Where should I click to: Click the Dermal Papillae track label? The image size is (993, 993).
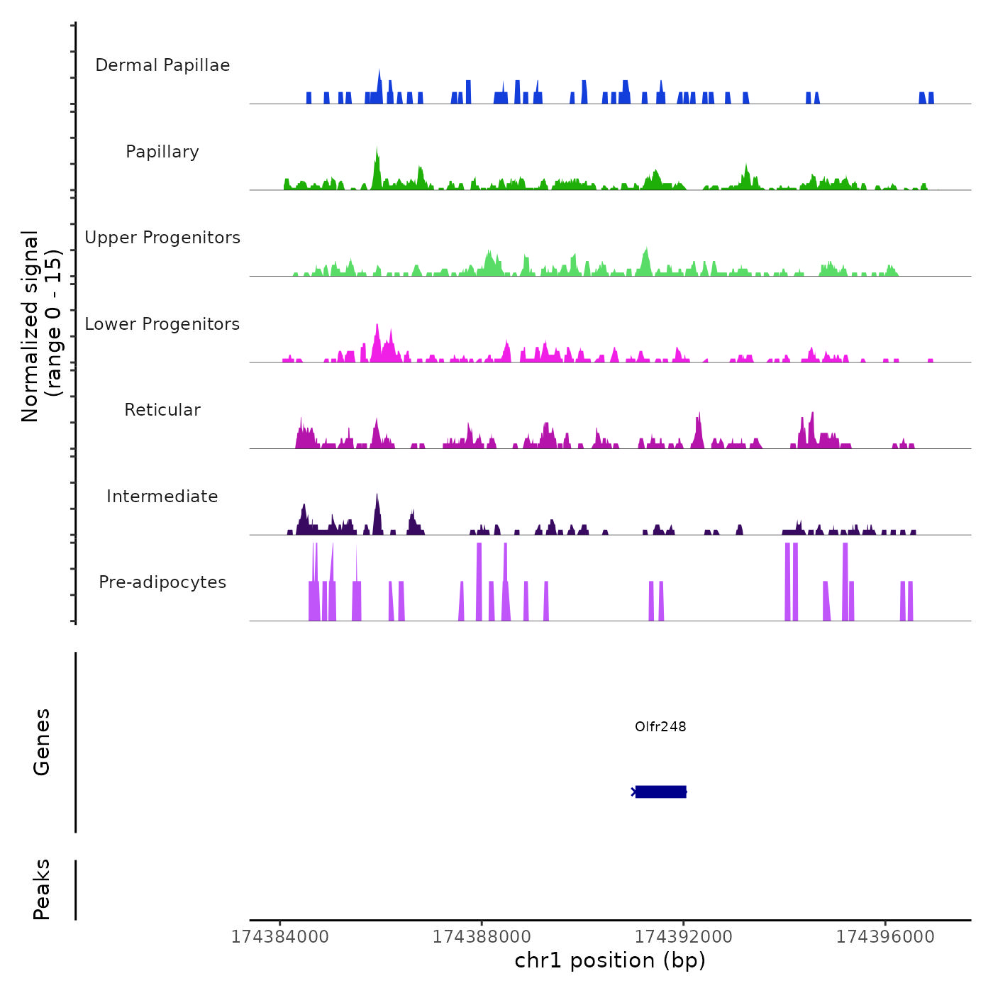point(162,65)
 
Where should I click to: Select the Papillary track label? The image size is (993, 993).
point(162,152)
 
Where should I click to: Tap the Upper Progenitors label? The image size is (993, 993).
point(162,238)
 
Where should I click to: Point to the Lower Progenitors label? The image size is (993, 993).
point(162,324)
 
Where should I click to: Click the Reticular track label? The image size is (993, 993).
point(162,410)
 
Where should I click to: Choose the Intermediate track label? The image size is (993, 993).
point(162,496)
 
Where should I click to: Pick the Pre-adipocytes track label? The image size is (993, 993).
point(162,582)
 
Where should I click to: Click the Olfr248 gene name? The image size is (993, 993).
point(660,726)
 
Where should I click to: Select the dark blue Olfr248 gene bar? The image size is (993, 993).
point(660,792)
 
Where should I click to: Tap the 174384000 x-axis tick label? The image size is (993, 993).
point(280,937)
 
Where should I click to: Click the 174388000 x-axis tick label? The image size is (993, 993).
point(482,937)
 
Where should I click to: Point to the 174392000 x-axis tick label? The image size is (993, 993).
point(684,937)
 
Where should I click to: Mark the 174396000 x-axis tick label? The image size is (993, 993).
point(885,937)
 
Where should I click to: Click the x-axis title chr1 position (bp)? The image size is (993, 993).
point(610,960)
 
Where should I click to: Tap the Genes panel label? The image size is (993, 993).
point(42,742)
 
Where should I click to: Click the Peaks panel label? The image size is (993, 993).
point(42,889)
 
